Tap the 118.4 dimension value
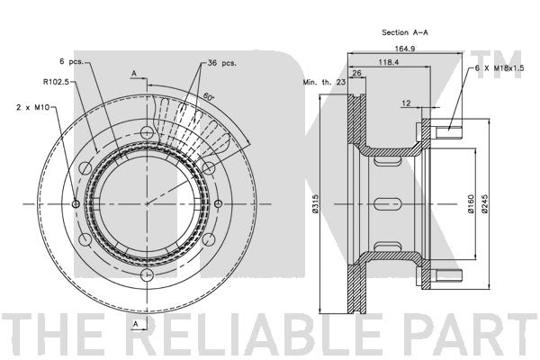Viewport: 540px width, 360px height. click(x=389, y=62)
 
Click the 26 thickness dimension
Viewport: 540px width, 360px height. click(x=356, y=73)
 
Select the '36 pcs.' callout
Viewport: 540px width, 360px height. click(x=221, y=63)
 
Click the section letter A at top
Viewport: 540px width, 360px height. click(x=133, y=72)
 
